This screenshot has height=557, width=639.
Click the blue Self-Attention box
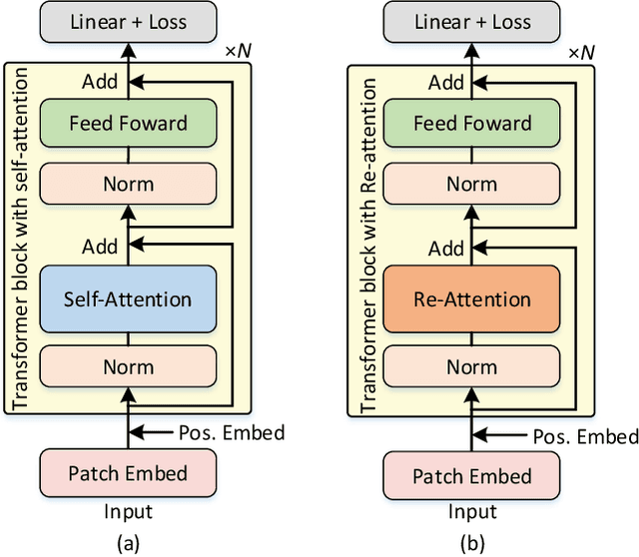128,298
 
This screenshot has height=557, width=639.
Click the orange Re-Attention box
471,298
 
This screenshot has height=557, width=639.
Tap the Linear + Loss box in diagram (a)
128,22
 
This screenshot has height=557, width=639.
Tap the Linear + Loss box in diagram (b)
471,22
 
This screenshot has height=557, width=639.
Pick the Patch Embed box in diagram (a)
128,474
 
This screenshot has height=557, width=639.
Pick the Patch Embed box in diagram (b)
471,474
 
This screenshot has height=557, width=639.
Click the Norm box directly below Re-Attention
471,367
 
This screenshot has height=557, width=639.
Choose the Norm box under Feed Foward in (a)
128,185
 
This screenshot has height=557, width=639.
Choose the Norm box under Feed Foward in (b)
471,185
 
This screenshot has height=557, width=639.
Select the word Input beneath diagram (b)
471,512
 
